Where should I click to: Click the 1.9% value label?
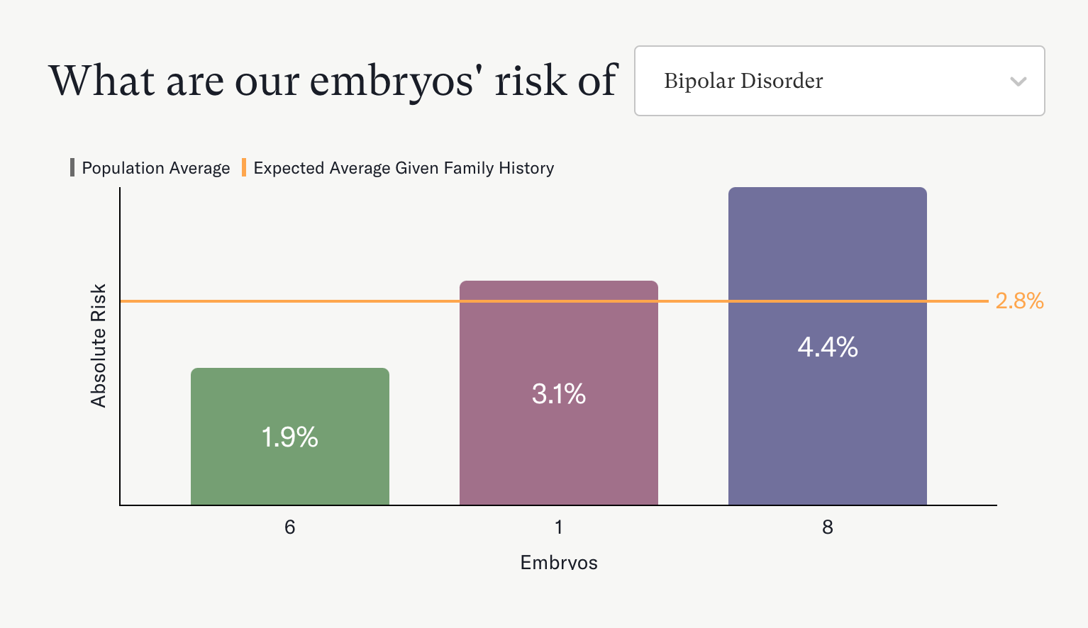(289, 437)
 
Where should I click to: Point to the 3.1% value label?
(558, 394)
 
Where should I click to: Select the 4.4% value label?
(827, 347)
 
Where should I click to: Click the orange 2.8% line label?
(1019, 301)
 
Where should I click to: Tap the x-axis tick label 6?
(289, 527)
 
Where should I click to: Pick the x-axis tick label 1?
(558, 527)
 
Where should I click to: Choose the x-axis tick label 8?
(827, 527)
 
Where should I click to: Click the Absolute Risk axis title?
(98, 346)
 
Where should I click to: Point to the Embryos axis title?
(558, 563)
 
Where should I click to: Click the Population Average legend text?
(156, 168)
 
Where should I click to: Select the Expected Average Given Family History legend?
(404, 168)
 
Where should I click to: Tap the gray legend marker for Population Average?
(72, 168)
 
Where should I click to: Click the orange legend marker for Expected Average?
(244, 168)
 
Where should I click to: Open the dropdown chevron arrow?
(1018, 82)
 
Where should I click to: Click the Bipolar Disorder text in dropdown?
(743, 82)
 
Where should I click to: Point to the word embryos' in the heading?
(392, 81)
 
